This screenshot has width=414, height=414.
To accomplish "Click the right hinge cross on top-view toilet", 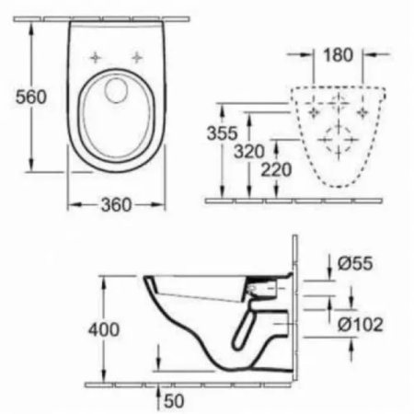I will tap(138, 56).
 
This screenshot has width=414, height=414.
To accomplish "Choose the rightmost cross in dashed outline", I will tap(371, 110).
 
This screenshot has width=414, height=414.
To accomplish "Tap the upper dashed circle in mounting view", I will tap(339, 101).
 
